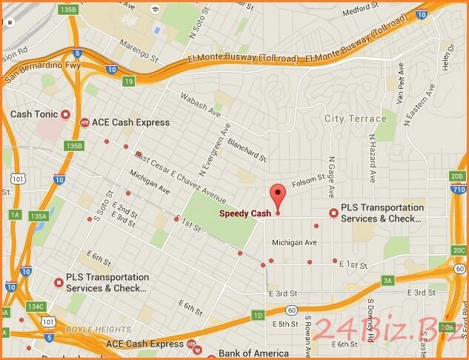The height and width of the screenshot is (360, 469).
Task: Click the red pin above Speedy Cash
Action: (277, 194)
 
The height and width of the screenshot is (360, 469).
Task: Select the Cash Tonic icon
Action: (65, 115)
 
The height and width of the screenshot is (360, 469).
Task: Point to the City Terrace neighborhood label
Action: (356, 119)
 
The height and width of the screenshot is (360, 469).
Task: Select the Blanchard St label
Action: (247, 150)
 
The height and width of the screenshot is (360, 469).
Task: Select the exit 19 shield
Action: (129, 81)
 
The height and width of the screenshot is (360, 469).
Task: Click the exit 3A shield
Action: (387, 281)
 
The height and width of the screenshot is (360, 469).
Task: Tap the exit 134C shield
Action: (35, 306)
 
